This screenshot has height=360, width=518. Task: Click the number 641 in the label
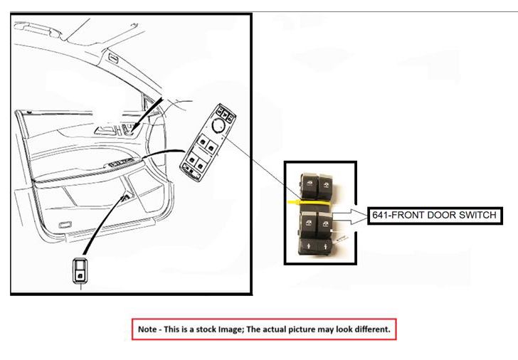click(x=381, y=215)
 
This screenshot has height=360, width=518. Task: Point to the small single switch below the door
click(x=83, y=270)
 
